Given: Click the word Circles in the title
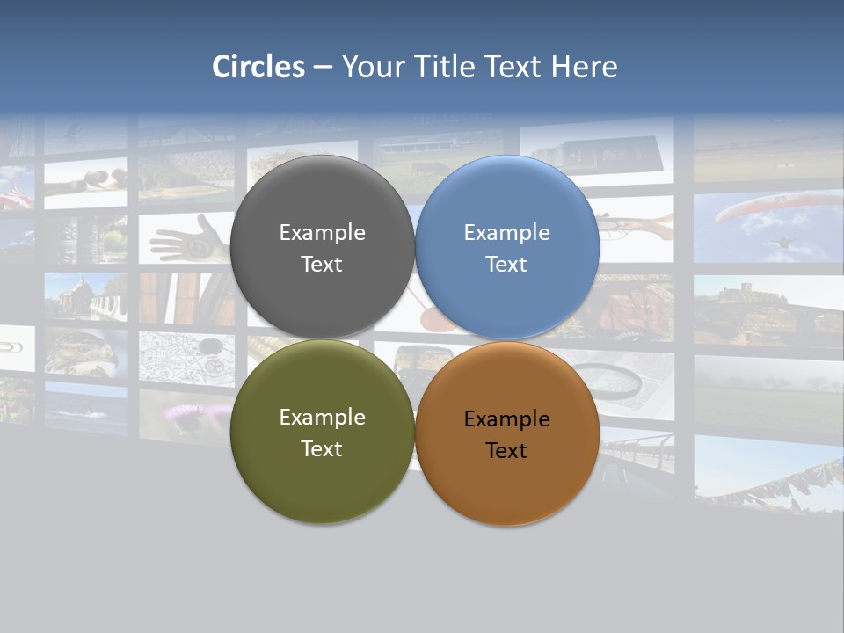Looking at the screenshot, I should point(258,67).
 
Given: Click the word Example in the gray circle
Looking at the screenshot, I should point(322,233).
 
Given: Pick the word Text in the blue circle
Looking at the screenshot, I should point(506,265).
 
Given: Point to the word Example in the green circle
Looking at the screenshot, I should point(322,418).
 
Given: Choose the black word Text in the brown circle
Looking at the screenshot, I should point(506,451).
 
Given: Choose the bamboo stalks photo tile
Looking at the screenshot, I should point(185,299).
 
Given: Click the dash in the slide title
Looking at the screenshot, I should point(323,67).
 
